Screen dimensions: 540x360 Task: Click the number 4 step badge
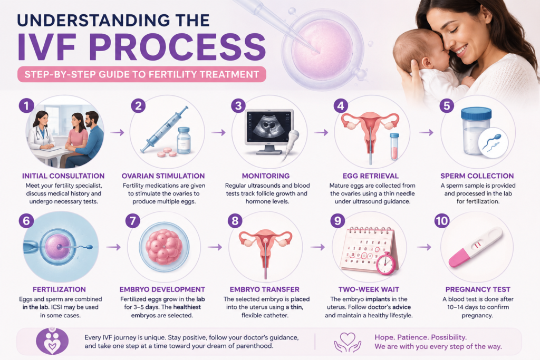point(341,105)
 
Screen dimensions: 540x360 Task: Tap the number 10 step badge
point(442,220)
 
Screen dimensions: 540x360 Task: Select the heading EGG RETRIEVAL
point(371,176)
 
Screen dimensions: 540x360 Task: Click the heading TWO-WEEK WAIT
point(369,289)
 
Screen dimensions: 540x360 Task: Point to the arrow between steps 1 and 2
point(117,132)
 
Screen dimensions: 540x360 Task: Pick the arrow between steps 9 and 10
point(425,247)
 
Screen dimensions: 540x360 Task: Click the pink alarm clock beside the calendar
point(385,264)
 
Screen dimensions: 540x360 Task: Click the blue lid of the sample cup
point(476,113)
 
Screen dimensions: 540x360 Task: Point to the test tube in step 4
point(394,147)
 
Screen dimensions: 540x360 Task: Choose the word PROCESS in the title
point(177,47)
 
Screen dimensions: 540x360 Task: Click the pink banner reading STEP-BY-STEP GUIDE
point(141,74)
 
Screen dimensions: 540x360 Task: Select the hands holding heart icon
point(348,342)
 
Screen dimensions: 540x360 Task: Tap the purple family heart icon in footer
point(52,340)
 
